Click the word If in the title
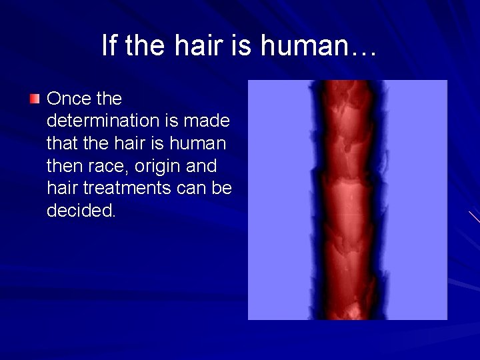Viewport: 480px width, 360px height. [x=109, y=45]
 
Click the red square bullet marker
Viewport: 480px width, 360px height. [x=35, y=99]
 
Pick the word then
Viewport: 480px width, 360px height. [x=61, y=166]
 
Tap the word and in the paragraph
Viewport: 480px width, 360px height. [x=203, y=166]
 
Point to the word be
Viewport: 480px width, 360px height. [x=221, y=188]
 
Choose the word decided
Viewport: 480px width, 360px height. [x=81, y=211]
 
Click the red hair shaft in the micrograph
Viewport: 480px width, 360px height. [x=347, y=200]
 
